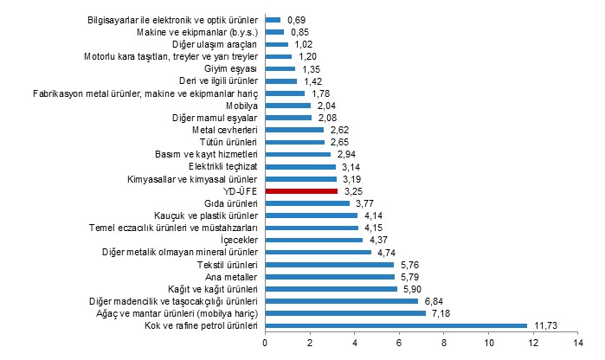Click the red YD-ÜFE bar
point(300,190)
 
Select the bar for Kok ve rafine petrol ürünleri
point(396,325)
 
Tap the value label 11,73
point(544,325)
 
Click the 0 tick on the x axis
point(265,344)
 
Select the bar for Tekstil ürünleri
point(329,264)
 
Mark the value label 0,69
point(298,19)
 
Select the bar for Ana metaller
point(329,276)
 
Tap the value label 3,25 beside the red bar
point(353,190)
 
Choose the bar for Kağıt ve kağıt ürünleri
point(331,288)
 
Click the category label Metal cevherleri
point(227,129)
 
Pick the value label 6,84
point(434,301)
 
